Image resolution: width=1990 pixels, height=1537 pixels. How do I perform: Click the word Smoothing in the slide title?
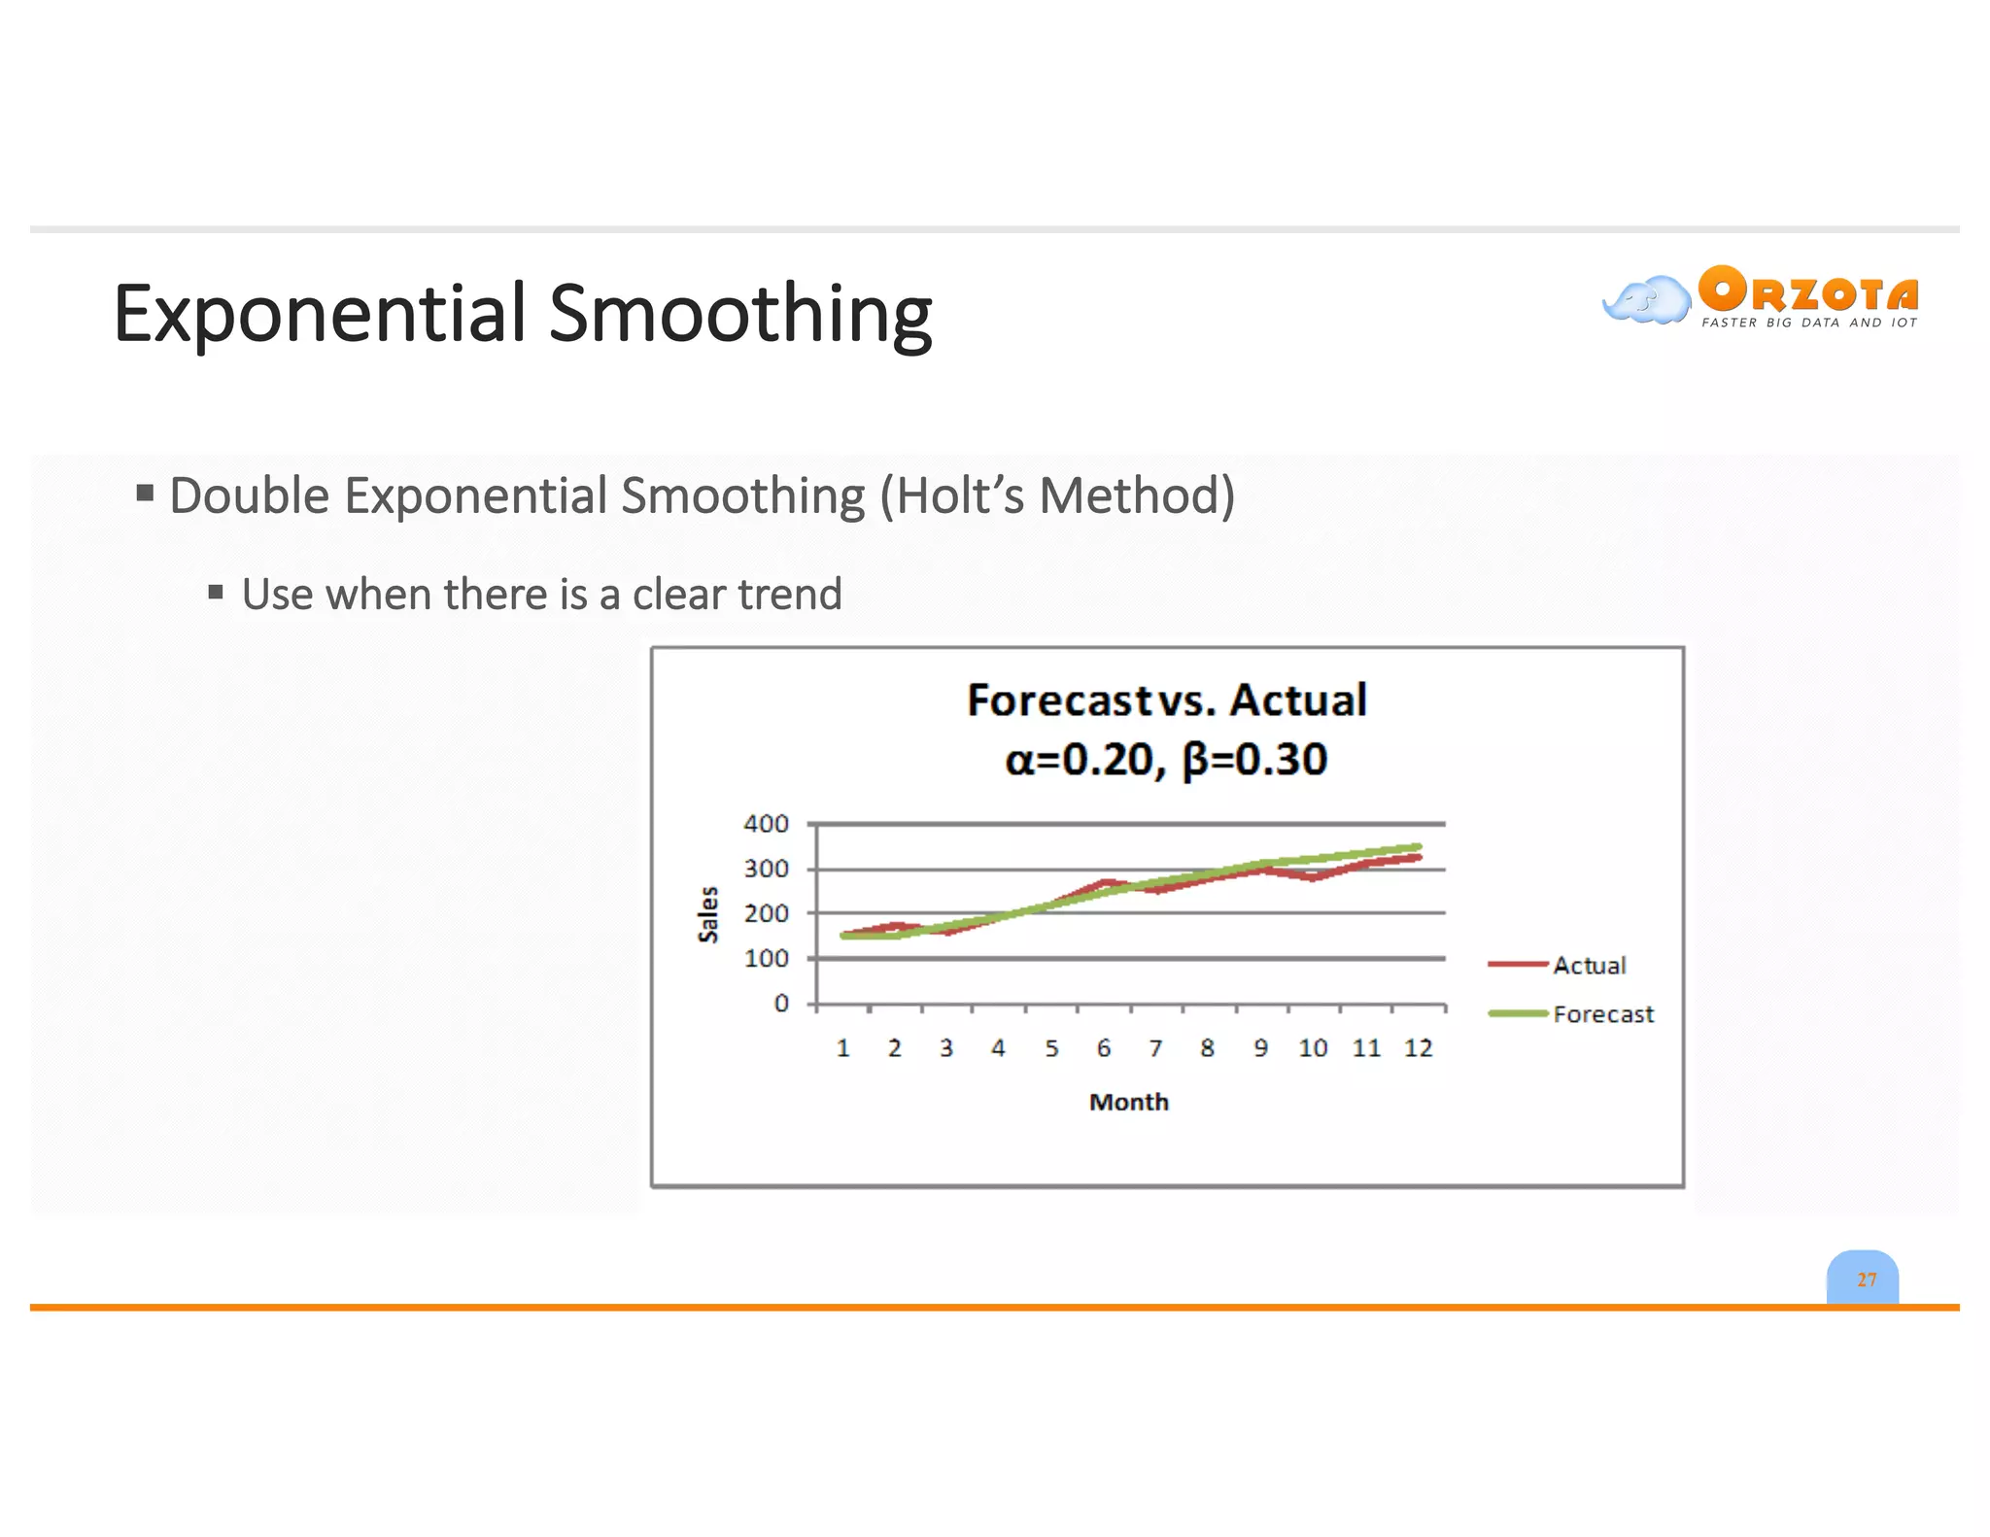click(740, 314)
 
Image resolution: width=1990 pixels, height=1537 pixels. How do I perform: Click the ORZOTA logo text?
click(1808, 290)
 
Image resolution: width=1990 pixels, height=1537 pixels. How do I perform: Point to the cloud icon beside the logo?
click(1646, 299)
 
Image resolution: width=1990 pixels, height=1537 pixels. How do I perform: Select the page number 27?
click(1867, 1280)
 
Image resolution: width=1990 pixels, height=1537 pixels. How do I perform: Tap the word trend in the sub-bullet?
click(789, 594)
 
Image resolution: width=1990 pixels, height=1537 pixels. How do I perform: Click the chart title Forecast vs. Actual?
click(1166, 700)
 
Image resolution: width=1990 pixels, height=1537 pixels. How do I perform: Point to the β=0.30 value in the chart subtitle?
click(1254, 760)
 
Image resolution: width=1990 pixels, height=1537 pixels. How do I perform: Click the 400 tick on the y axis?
click(766, 824)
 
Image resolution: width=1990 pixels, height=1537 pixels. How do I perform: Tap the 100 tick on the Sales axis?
click(766, 958)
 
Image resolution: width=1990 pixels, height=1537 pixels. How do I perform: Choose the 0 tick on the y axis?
click(780, 1004)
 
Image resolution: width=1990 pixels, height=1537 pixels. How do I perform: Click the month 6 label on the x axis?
click(1103, 1048)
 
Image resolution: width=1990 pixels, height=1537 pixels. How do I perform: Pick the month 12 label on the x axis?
click(1418, 1048)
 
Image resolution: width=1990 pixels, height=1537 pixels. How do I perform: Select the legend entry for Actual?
click(1588, 965)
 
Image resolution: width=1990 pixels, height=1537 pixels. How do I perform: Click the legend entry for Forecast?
click(1602, 1014)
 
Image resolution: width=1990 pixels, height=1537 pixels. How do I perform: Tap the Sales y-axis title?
click(708, 914)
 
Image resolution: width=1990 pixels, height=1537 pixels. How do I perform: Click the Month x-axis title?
click(1128, 1102)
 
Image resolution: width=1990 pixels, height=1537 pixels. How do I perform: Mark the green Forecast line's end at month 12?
click(1418, 847)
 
